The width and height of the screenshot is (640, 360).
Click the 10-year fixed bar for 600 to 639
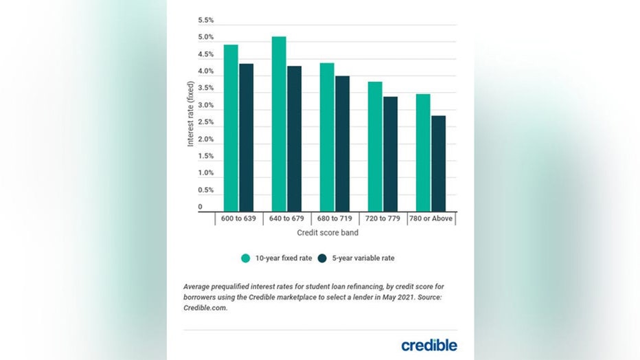[x=231, y=128]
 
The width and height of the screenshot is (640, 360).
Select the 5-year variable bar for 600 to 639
[x=246, y=137]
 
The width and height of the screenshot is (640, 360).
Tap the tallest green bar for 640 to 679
[x=279, y=124]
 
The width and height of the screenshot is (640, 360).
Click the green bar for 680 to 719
[x=327, y=137]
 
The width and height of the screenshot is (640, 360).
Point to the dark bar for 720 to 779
[x=390, y=154]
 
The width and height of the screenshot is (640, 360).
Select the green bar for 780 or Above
[x=423, y=153]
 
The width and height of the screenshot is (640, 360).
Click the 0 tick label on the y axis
[x=201, y=207]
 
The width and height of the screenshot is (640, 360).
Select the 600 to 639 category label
[x=238, y=218]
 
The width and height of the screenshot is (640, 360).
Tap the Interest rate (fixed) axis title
[x=191, y=114]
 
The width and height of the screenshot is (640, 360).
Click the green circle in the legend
[x=246, y=258]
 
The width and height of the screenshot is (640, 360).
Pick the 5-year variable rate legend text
[x=365, y=258]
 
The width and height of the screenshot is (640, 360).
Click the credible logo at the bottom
[x=429, y=344]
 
